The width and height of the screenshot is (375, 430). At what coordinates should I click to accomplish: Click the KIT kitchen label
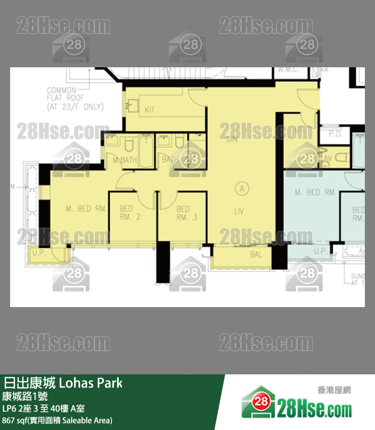pyautogui.click(x=149, y=110)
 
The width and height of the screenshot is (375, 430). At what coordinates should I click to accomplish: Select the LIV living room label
pyautogui.click(x=239, y=211)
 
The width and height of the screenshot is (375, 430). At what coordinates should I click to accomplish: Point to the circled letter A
pyautogui.click(x=242, y=189)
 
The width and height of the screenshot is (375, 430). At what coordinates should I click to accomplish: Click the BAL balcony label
pyautogui.click(x=256, y=255)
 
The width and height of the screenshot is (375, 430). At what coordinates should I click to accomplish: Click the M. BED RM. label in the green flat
pyautogui.click(x=315, y=193)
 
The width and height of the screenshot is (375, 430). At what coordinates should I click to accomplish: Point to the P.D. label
pyautogui.click(x=335, y=135)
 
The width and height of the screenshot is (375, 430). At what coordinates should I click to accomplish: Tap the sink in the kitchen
pyautogui.click(x=133, y=106)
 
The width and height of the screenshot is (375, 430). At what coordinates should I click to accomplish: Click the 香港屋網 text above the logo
pyautogui.click(x=333, y=390)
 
